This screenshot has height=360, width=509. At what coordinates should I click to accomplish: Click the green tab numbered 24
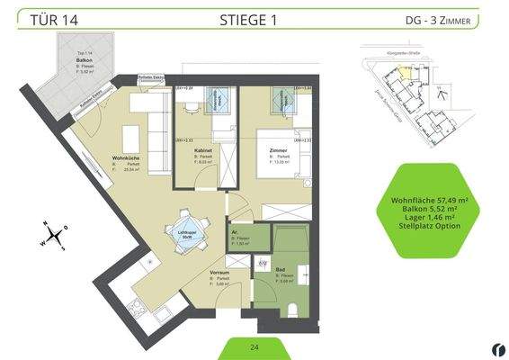(254, 346)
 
